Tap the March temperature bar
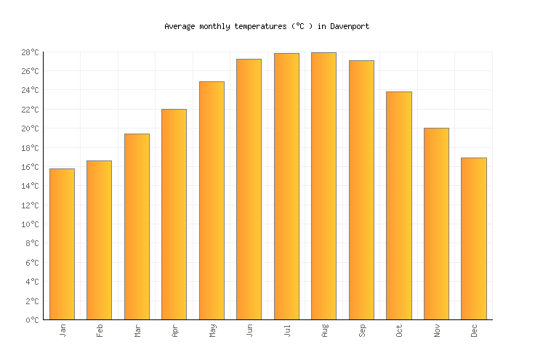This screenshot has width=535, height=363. pos(137,227)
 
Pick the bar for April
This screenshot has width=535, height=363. pos(174,214)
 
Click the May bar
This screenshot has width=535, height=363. pos(212,200)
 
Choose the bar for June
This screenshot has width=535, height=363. pos(249,189)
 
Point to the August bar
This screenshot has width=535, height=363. pos(323,186)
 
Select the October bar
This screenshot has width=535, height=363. pos(398,205)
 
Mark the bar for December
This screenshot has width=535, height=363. pos(473,238)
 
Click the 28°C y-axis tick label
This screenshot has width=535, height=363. pos(30,52)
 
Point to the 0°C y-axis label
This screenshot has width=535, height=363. pos(32,320)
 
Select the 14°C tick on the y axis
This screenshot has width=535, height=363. pos(30,186)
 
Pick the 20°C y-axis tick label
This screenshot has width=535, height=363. pos(30,129)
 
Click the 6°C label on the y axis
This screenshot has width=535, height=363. pos(32,263)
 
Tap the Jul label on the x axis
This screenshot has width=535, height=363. pos(287,331)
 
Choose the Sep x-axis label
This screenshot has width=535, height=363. pos(362,331)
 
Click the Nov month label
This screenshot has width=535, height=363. pos(437,331)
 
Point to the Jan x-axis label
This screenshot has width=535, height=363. pos(63,331)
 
